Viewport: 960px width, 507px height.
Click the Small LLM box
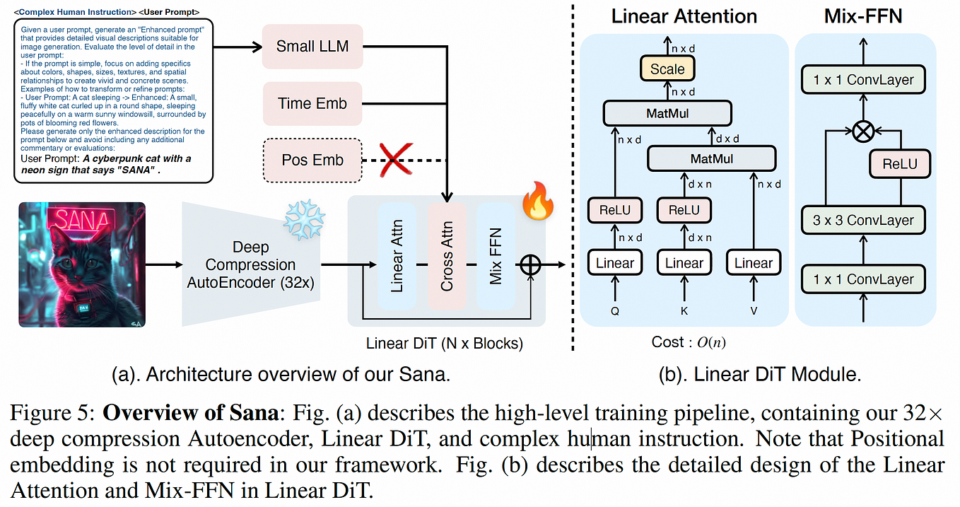312,47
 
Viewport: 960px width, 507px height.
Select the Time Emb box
312,103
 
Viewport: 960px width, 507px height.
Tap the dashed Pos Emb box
312,160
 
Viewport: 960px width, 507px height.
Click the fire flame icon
537,202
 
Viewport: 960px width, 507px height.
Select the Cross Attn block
447,257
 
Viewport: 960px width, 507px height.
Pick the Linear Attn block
397,257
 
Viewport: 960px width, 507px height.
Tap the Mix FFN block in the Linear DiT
496,257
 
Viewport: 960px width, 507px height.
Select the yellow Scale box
667,69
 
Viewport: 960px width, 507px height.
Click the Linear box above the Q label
614,263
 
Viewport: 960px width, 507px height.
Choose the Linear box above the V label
753,263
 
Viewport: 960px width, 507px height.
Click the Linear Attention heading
684,16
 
